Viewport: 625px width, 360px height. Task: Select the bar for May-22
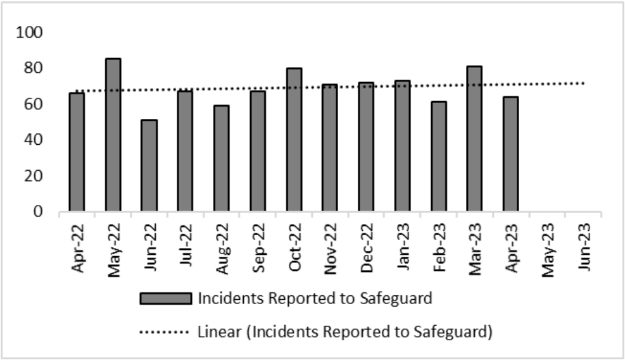(113, 135)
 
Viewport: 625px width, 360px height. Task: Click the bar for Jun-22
(149, 166)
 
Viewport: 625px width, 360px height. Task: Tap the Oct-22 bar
(294, 140)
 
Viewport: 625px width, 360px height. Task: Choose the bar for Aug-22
(221, 158)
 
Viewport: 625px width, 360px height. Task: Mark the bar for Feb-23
(439, 156)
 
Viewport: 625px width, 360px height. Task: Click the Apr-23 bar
(511, 154)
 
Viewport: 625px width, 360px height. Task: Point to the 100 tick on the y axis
(32, 33)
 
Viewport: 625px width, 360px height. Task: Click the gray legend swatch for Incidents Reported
(165, 299)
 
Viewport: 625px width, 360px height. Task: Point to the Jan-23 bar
(402, 146)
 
